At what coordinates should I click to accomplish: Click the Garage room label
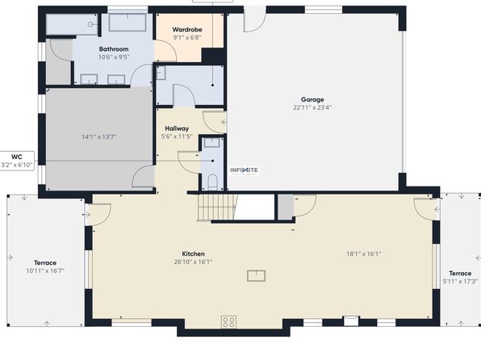click(x=312, y=99)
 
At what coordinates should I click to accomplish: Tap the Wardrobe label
click(x=187, y=30)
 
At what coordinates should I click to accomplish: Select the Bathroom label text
click(x=114, y=49)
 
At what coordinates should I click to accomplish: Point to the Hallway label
click(x=177, y=128)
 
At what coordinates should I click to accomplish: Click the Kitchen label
click(x=193, y=253)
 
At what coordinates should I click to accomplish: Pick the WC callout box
click(x=17, y=161)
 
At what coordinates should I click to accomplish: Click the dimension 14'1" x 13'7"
click(x=99, y=137)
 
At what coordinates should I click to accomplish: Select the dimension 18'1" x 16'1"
click(x=364, y=253)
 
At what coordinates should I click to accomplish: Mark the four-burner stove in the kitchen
click(x=229, y=322)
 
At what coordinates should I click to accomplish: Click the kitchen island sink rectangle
click(x=256, y=275)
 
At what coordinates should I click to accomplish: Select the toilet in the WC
click(x=212, y=182)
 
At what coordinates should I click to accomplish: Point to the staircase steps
click(x=217, y=207)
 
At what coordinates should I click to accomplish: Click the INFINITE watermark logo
click(x=245, y=170)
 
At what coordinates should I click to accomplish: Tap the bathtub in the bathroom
click(x=128, y=22)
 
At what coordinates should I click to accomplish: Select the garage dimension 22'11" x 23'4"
click(x=312, y=107)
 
